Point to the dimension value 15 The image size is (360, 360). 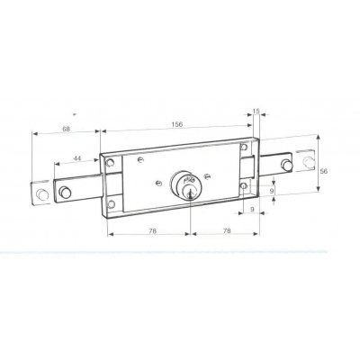pos(256,111)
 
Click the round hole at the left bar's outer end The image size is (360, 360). pos(40,194)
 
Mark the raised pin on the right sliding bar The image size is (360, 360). pos(286,165)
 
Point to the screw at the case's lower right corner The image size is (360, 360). pos(244,186)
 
